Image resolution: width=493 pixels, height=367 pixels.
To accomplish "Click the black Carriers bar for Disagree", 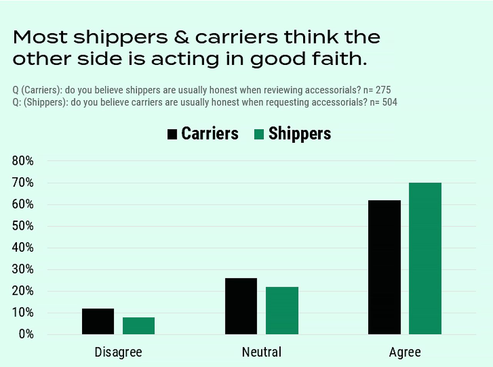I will coord(98,321).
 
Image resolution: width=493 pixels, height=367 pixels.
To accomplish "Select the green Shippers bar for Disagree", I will coord(139,325).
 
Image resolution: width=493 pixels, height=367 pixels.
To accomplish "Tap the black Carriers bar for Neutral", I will coord(241,306).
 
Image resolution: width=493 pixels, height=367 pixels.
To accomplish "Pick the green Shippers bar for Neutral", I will coord(282,311).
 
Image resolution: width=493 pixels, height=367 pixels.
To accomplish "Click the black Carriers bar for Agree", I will coord(384,267).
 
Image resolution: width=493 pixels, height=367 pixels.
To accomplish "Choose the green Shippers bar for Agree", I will coord(425,258).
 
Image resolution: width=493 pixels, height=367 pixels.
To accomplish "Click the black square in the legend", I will coord(172,134).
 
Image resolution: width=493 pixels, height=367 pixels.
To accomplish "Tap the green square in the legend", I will coord(259,134).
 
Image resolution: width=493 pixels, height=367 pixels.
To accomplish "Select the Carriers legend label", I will coord(210,134).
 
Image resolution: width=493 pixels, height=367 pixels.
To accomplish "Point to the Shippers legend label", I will coord(300,134).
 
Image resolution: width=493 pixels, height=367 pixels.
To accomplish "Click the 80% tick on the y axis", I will coord(23,161).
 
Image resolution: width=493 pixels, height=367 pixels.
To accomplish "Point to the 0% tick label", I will coord(26,334).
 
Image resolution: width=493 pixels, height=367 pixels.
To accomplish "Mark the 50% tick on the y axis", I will coord(23,226).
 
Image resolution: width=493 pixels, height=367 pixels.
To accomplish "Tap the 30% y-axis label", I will coord(23,269).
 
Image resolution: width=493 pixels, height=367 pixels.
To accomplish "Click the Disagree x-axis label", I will coord(118,352).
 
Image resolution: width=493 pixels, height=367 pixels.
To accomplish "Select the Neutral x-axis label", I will coord(262,352).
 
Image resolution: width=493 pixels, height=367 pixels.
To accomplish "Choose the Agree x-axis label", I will coord(405,352).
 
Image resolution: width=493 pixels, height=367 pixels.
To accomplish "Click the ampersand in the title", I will coord(181,37).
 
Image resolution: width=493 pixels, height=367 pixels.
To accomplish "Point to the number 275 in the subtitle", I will coord(383,90).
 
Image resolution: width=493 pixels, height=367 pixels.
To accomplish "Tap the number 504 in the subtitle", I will coord(389,102).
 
